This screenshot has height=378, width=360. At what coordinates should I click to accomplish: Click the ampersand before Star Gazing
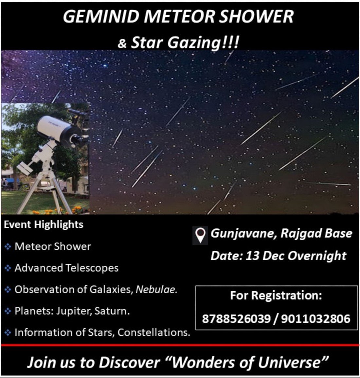122,44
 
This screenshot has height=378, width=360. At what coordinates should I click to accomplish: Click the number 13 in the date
252,256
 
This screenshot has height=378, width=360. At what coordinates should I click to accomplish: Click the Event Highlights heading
44,225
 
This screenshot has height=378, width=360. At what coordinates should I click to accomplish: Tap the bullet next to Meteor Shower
8,246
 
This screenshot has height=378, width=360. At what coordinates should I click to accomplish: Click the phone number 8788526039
236,318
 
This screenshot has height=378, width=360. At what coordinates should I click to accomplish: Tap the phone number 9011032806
315,318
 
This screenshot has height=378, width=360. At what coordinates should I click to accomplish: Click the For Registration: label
276,296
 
